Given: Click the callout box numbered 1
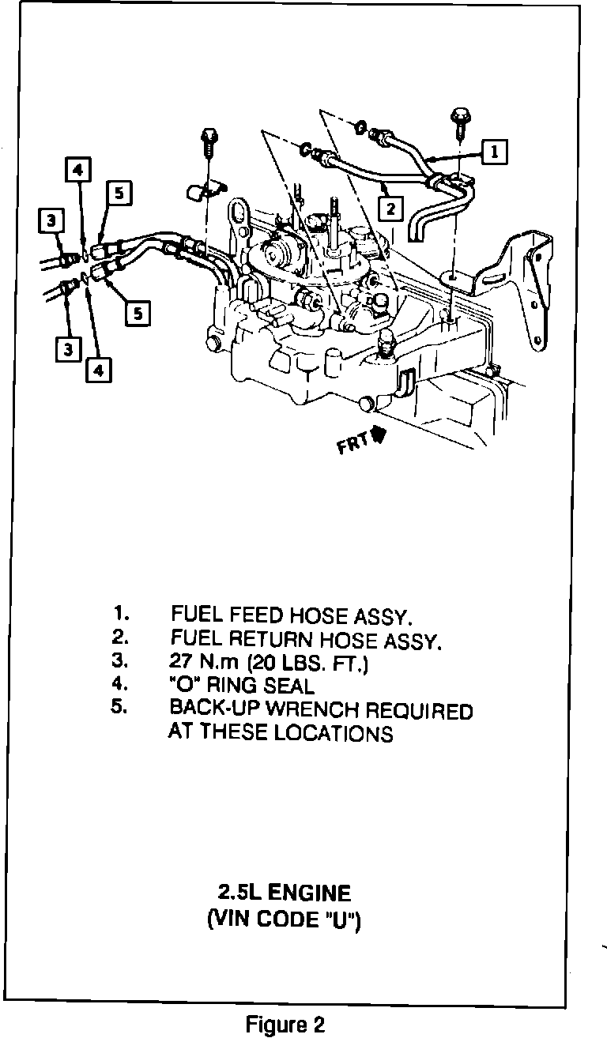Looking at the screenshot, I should coord(495,151).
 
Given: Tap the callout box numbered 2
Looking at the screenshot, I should coord(390,209).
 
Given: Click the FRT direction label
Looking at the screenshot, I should coord(351,444).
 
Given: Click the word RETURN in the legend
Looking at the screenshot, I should coord(274,639).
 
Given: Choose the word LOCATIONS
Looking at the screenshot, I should coord(334,734).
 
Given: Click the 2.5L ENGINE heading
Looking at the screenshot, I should coord(285,893).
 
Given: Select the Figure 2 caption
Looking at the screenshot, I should coord(285,1025).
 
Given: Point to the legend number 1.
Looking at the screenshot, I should coord(119,613).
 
